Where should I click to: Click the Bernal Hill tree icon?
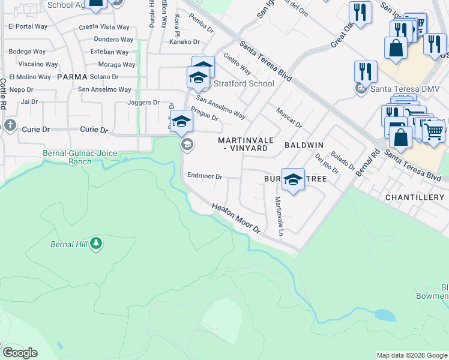pyautogui.click(x=96, y=244)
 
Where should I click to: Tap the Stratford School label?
pyautogui.click(x=244, y=83)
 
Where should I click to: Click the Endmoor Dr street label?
pyautogui.click(x=205, y=176)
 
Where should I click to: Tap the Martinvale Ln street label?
pyautogui.click(x=279, y=215)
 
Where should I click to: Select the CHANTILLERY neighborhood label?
pyautogui.click(x=414, y=197)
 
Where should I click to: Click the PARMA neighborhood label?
pyautogui.click(x=72, y=77)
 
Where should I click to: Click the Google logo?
pyautogui.click(x=20, y=353)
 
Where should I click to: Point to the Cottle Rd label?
pyautogui.click(x=4, y=94)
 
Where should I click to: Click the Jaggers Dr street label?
pyautogui.click(x=142, y=103)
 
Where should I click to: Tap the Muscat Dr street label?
pyautogui.click(x=289, y=117)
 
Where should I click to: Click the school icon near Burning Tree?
pyautogui.click(x=293, y=179)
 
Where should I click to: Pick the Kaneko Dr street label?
pyautogui.click(x=184, y=41)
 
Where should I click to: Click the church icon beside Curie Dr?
pyautogui.click(x=9, y=125)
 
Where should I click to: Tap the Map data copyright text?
pyautogui.click(x=412, y=355)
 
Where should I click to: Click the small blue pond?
pyautogui.click(x=382, y=314)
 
